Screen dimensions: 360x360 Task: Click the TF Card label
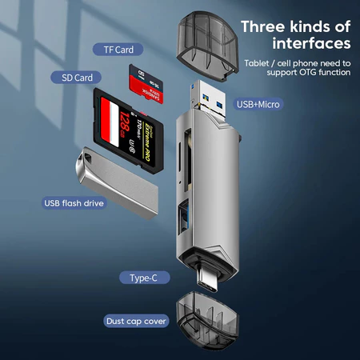pos(118,49)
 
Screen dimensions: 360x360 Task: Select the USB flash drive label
pos(74,202)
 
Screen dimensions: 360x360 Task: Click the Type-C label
pos(149,278)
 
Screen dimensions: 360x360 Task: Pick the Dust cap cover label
pos(136,321)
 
